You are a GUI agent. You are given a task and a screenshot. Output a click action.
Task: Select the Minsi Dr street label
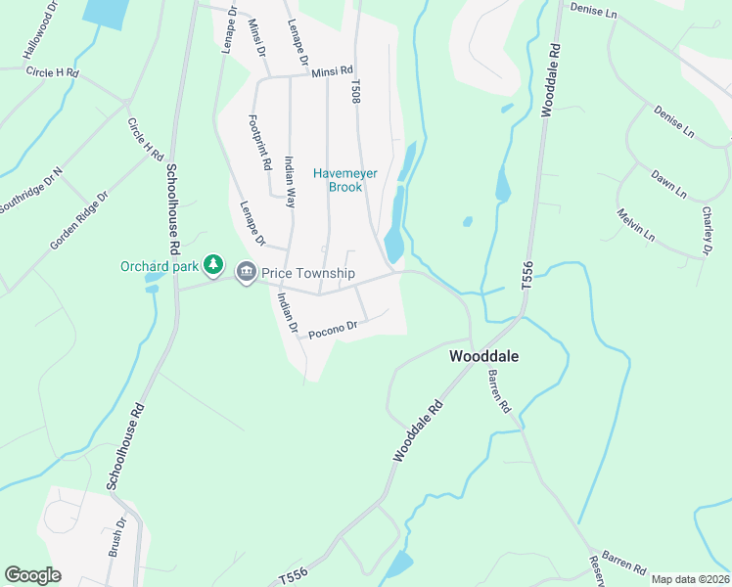(x=257, y=39)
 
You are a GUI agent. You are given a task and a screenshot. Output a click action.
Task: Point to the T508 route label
(x=355, y=91)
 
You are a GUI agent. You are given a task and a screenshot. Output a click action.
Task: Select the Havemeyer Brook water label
(x=338, y=180)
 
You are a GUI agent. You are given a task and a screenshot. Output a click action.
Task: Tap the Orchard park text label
(x=160, y=265)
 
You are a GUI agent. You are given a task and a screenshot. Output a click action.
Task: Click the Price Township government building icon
(x=246, y=273)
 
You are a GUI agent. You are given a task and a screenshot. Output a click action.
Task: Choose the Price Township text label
(x=307, y=273)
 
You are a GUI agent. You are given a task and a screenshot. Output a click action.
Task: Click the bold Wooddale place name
(x=483, y=357)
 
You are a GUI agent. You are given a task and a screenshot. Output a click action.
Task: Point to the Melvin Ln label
(x=635, y=224)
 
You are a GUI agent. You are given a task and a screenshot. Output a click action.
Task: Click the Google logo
(x=32, y=575)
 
